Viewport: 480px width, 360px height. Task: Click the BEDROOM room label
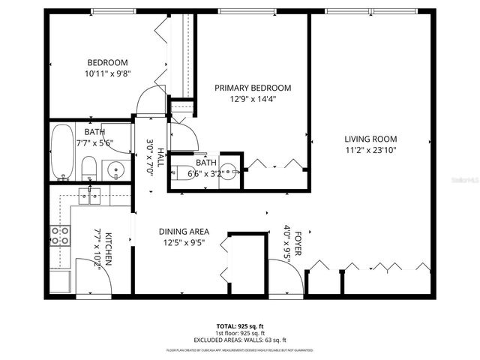107,62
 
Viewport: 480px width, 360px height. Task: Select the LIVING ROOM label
370,139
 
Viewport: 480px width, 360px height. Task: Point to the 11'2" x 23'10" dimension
370,149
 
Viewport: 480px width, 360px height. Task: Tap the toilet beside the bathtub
88,168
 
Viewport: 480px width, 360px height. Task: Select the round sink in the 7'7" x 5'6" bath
115,169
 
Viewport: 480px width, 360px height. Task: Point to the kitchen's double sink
90,196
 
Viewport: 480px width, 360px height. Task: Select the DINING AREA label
184,232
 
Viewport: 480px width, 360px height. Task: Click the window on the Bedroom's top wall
113,11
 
